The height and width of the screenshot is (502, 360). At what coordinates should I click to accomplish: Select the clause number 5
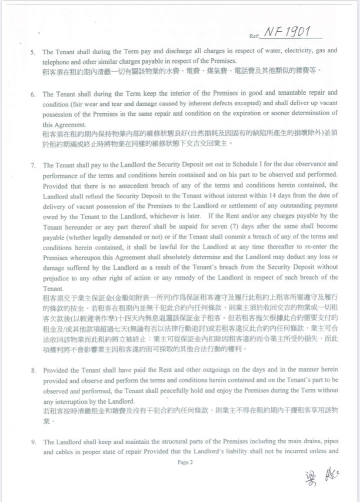tap(32, 52)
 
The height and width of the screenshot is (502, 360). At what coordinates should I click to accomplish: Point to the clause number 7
tap(32, 165)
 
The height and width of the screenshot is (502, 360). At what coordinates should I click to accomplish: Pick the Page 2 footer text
tap(184, 462)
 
